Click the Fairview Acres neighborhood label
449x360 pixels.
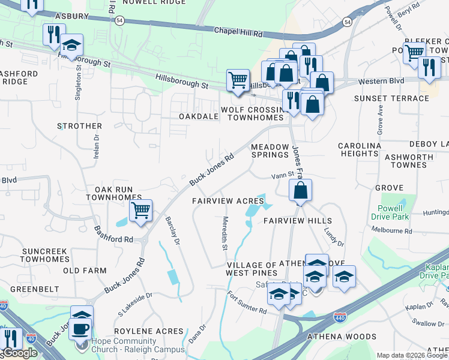pyautogui.click(x=228, y=200)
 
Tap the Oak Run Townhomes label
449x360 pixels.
pyautogui.click(x=113, y=193)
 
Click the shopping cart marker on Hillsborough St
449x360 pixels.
pyautogui.click(x=238, y=80)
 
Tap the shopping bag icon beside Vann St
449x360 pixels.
pyautogui.click(x=300, y=191)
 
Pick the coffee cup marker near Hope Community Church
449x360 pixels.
pyautogui.click(x=82, y=329)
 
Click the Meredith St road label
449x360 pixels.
pyautogui.click(x=225, y=233)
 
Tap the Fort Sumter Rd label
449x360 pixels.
pyautogui.click(x=247, y=302)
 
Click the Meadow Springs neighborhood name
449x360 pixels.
pyautogui.click(x=270, y=150)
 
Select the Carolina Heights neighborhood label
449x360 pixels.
pyautogui.click(x=360, y=149)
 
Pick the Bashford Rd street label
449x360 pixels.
pyautogui.click(x=112, y=235)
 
